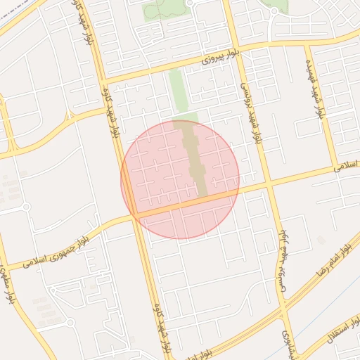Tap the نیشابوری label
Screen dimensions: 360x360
coord(286,344)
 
